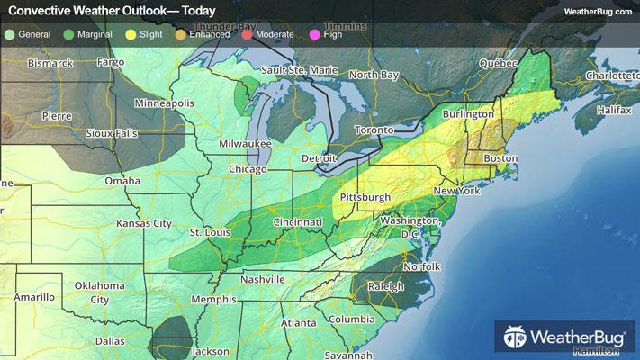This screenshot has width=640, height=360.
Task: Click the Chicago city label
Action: [x=248, y=170]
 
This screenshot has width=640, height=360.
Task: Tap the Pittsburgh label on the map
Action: [x=365, y=197]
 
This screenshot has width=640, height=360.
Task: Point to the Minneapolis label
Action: [x=164, y=103]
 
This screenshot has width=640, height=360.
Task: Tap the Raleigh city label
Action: [x=386, y=288]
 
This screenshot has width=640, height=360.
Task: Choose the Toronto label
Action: [x=374, y=130]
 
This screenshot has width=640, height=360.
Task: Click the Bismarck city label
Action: [x=50, y=64]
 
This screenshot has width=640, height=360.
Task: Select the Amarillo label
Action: [x=34, y=296]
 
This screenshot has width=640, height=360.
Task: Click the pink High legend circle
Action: [x=314, y=34]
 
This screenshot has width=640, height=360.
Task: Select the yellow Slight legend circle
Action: [x=130, y=34]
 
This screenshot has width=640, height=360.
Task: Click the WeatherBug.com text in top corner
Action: [x=597, y=12]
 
